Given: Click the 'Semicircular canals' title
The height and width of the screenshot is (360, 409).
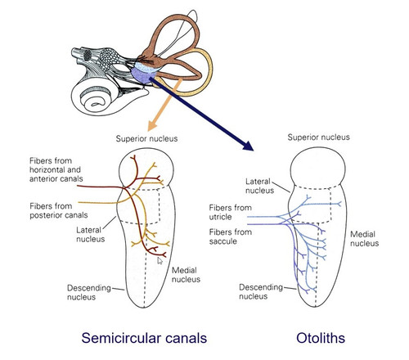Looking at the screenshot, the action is (144, 338).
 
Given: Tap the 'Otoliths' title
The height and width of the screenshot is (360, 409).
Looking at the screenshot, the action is (321, 338).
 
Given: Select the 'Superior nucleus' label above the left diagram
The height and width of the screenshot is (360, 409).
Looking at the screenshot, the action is (146, 138).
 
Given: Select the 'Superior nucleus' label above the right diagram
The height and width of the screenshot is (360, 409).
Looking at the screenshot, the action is (318, 137).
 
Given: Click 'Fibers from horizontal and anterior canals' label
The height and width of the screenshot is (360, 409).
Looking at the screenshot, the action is (56, 169).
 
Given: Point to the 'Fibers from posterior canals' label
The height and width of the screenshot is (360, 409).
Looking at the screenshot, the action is (59, 210).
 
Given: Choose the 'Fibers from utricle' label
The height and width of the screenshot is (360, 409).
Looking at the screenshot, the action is (230, 212).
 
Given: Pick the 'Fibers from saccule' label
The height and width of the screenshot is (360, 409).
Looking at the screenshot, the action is (230, 236).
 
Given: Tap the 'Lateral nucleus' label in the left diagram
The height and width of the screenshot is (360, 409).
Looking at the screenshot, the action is (90, 235).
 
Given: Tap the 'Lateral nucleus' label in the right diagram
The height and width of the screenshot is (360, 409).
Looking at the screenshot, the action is (259, 186).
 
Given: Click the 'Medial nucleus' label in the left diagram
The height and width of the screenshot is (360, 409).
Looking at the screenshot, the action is (186, 275).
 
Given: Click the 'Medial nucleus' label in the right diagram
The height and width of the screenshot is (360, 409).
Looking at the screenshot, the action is (364, 239).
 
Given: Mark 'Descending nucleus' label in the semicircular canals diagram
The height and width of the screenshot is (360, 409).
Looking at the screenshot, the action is (89, 292).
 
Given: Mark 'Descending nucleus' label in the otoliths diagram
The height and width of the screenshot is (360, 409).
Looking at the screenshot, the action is (261, 291).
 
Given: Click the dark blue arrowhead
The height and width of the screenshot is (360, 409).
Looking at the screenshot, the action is (248, 146).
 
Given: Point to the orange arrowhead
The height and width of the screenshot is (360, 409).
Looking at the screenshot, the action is (151, 126).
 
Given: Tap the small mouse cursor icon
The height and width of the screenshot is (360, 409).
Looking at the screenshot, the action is (160, 261).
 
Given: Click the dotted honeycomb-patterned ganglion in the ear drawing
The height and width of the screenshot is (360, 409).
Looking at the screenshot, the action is (109, 60).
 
